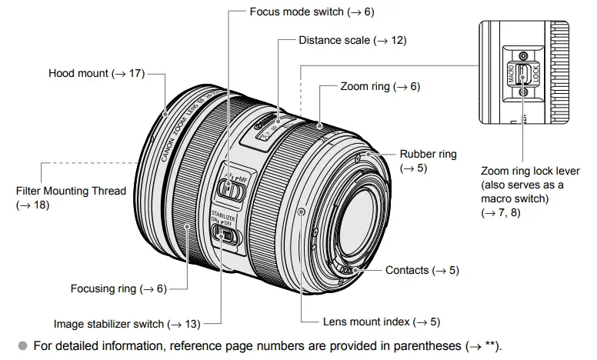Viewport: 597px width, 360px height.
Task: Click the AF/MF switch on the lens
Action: (x=226, y=187)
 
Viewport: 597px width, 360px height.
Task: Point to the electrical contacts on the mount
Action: (x=348, y=270)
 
